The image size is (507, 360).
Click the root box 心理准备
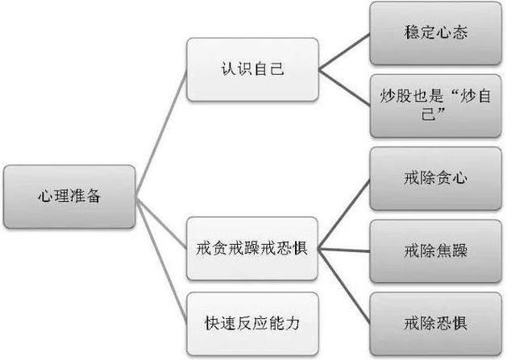(69, 197)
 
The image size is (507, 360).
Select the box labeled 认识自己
(252, 69)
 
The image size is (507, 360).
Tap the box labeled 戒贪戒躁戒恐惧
(252, 249)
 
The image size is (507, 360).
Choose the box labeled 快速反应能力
(252, 324)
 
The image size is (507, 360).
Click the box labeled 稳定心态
(435, 33)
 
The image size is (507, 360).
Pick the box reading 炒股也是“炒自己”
(435, 106)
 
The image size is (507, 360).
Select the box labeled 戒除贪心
(435, 179)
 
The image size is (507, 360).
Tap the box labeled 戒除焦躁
(435, 251)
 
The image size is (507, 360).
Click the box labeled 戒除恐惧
(435, 324)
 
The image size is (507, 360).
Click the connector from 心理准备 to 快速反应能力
(161, 260)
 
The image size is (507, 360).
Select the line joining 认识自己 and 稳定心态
(344, 52)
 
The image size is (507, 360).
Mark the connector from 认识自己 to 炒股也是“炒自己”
(344, 88)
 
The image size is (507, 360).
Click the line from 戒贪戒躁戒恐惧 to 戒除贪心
(344, 214)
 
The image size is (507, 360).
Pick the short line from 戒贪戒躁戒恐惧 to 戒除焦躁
(344, 250)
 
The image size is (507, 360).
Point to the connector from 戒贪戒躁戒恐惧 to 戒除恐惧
(344, 286)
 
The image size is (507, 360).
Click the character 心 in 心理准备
(44, 197)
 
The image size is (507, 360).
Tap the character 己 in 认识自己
(276, 68)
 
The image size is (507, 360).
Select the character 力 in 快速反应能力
(293, 323)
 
